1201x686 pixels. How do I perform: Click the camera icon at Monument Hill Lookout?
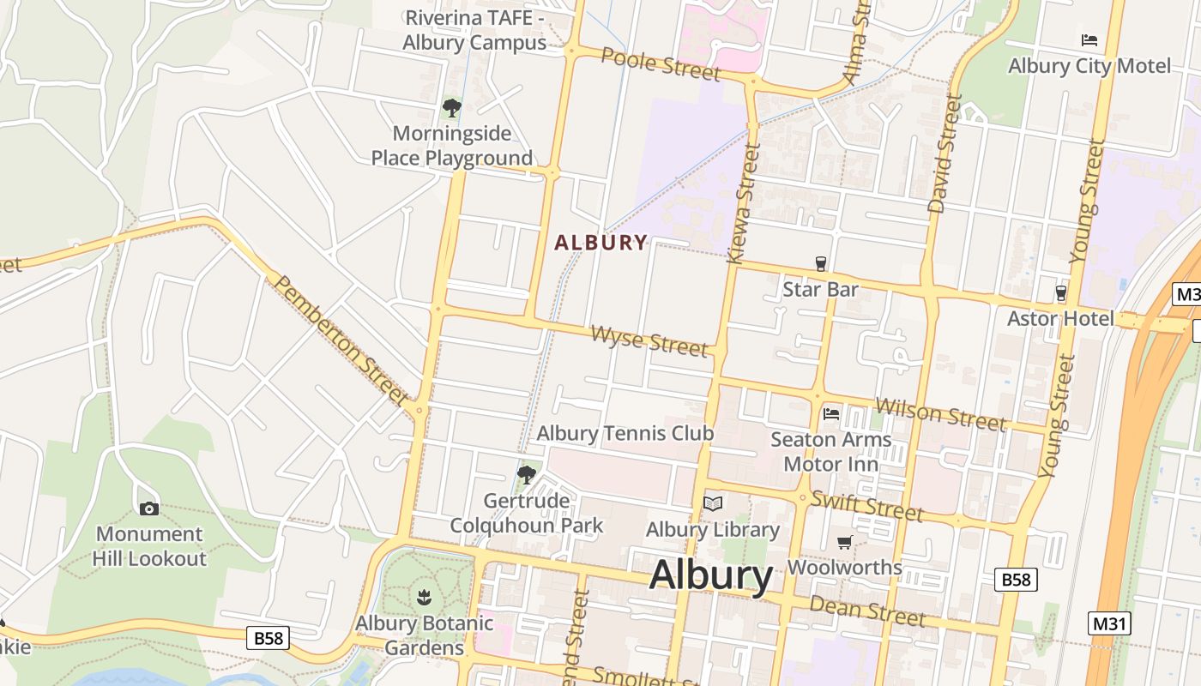click(149, 508)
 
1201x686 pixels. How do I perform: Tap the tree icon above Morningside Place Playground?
click(451, 108)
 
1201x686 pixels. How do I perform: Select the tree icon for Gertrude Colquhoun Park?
click(527, 474)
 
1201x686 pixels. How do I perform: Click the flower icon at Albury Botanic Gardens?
click(424, 596)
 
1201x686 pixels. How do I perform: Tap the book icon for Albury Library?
click(713, 503)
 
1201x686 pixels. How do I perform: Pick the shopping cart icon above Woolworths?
click(845, 542)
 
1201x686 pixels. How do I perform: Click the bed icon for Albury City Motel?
click(1089, 40)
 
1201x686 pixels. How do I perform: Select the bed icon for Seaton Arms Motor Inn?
click(831, 414)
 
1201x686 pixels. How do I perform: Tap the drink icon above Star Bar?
click(821, 263)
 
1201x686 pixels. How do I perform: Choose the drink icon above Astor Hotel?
click(1061, 293)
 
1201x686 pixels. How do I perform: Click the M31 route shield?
click(1109, 623)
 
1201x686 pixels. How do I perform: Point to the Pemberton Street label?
click(341, 340)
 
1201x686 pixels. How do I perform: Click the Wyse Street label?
click(649, 340)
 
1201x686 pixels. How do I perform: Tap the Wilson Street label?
click(940, 413)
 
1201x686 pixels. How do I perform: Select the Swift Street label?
click(866, 506)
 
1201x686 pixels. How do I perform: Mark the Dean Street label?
click(867, 610)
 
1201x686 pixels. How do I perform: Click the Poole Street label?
click(661, 63)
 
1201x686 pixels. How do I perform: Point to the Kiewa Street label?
click(743, 203)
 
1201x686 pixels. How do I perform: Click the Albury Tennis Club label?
click(625, 434)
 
